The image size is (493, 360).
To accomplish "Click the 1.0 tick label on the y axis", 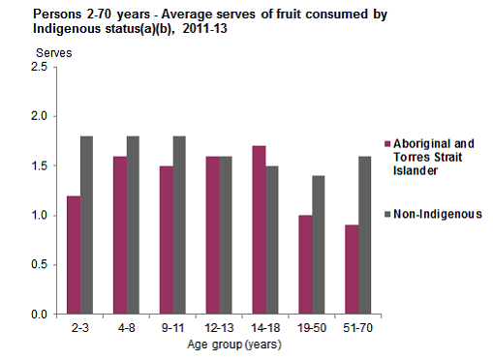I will [39, 216].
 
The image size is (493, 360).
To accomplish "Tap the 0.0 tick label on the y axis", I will [39, 315].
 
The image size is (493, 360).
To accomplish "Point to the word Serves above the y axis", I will [54, 50].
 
